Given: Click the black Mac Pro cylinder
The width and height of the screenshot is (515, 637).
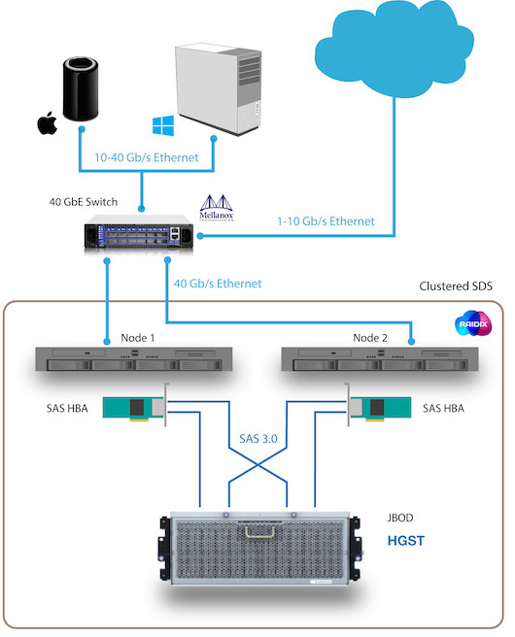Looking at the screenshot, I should pos(80,91).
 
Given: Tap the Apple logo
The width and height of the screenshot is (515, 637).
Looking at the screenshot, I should pos(44,124).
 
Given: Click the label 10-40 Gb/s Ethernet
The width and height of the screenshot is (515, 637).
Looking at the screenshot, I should pos(145,157).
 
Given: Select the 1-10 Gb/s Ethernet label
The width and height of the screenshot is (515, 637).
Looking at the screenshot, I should pos(326,221).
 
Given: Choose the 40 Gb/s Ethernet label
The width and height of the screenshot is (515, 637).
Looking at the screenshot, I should pos(218,284).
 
